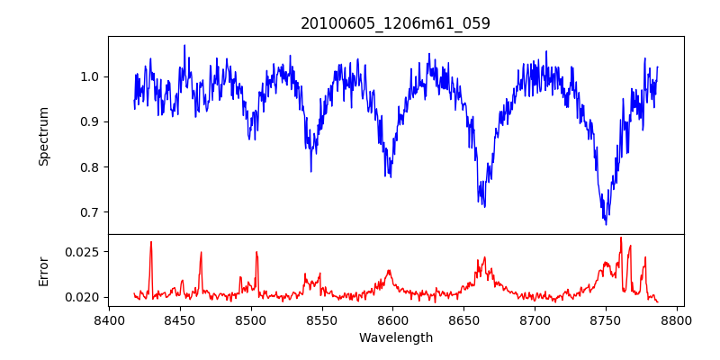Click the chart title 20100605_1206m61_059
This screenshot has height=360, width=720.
pos(395,24)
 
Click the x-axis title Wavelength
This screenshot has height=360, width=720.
pos(395,338)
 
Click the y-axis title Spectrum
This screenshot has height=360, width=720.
pos(44,136)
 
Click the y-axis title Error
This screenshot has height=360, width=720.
pos(44,271)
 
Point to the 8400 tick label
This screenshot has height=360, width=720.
pos(109,319)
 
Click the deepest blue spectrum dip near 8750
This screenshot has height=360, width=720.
pos(606,223)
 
